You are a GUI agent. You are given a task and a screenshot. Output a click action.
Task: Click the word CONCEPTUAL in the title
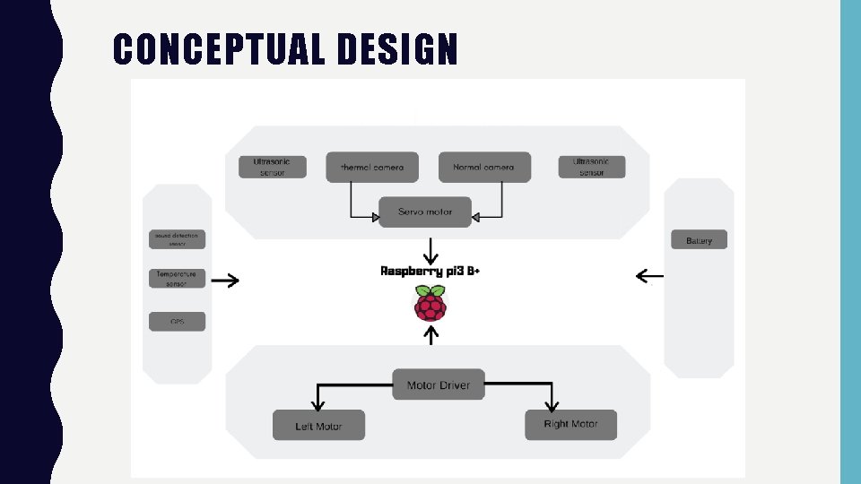pyautogui.click(x=220, y=49)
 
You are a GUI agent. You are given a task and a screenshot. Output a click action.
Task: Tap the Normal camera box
pyautogui.click(x=484, y=167)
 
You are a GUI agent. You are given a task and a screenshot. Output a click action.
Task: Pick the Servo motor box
pyautogui.click(x=426, y=212)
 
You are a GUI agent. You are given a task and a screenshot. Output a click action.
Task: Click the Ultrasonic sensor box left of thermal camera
pyautogui.click(x=272, y=167)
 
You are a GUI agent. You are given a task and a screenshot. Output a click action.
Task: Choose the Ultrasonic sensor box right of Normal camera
pyautogui.click(x=591, y=167)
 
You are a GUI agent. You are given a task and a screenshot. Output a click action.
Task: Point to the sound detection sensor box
pyautogui.click(x=178, y=239)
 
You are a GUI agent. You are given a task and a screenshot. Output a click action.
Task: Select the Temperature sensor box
pyautogui.click(x=178, y=279)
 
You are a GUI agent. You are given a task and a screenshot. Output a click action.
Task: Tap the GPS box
pyautogui.click(x=178, y=321)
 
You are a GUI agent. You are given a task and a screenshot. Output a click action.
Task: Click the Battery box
pyautogui.click(x=699, y=240)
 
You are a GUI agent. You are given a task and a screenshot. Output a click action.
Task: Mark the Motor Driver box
pyautogui.click(x=439, y=385)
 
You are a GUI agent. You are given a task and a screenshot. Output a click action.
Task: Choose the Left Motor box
pyautogui.click(x=318, y=426)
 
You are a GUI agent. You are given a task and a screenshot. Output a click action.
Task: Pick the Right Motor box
pyautogui.click(x=570, y=424)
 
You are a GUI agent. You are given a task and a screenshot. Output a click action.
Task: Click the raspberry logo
pyautogui.click(x=430, y=303)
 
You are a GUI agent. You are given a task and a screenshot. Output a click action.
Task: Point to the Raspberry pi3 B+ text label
pyautogui.click(x=430, y=271)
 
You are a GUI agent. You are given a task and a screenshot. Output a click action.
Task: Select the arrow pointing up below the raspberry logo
pyautogui.click(x=432, y=335)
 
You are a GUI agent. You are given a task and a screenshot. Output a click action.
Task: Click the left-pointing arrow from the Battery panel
pyautogui.click(x=649, y=275)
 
